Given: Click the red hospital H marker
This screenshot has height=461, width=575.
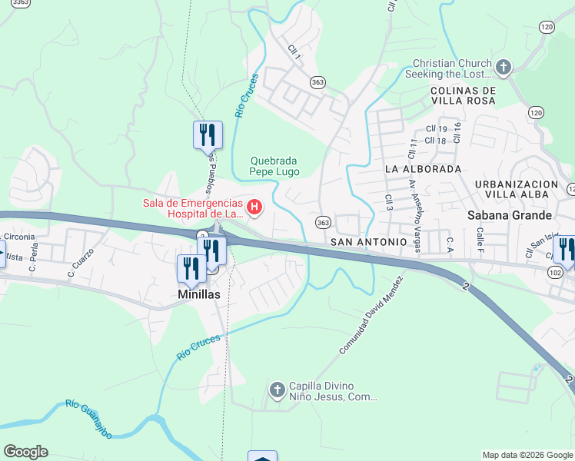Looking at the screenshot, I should pyautogui.click(x=254, y=207).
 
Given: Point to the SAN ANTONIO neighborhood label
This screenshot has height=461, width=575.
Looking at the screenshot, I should pyautogui.click(x=367, y=242).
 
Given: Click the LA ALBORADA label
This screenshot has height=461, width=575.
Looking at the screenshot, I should pyautogui.click(x=423, y=168).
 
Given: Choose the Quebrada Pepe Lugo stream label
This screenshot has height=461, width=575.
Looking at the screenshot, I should pyautogui.click(x=274, y=166).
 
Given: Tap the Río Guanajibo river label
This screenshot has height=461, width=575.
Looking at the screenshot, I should pyautogui.click(x=88, y=419).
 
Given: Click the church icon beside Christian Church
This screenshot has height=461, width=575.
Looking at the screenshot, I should pyautogui.click(x=504, y=68).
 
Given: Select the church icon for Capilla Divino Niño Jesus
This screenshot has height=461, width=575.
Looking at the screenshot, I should pyautogui.click(x=277, y=392).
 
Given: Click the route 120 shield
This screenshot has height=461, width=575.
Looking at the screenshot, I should pyautogui.click(x=546, y=27).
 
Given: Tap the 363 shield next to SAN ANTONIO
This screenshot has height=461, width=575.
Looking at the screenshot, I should pyautogui.click(x=323, y=223).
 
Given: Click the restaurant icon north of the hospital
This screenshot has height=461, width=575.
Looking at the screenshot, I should pyautogui.click(x=208, y=134).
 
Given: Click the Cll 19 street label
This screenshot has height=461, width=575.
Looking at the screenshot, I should pyautogui.click(x=436, y=129).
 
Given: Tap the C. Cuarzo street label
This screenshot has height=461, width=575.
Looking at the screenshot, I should pyautogui.click(x=81, y=263).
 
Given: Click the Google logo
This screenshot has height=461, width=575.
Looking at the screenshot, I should pyautogui.click(x=25, y=452).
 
